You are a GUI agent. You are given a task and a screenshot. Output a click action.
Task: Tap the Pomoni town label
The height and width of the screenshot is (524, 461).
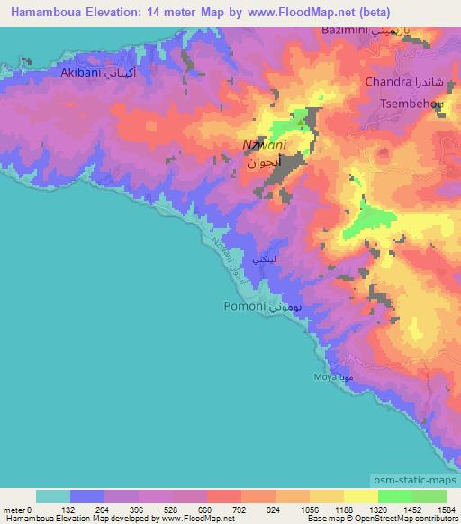[243, 306]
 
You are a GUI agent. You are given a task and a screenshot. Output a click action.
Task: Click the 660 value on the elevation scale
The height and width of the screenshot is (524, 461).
[207, 509]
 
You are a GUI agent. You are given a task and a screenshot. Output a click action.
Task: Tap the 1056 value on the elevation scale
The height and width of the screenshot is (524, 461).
[310, 509]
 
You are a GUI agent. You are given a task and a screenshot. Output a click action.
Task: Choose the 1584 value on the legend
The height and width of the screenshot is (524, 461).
[445, 509]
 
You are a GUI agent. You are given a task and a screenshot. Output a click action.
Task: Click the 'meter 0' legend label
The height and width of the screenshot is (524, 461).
[18, 509]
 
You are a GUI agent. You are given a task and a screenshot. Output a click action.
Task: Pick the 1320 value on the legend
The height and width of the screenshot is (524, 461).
[377, 509]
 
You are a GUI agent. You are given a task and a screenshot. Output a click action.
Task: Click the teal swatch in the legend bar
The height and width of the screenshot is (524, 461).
[53, 496]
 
